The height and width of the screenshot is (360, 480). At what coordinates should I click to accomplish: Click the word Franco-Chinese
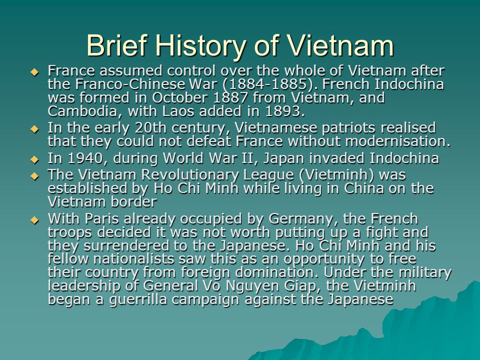pos(130,84)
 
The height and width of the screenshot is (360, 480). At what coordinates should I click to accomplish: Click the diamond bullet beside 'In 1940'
pos(34,159)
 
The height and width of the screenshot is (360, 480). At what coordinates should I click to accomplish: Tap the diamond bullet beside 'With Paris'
pos(34,220)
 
